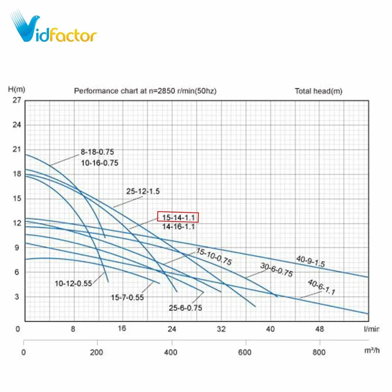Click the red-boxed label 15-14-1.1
click(178, 217)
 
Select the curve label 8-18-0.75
click(97, 152)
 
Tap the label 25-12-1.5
click(143, 191)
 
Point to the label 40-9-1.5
click(310, 261)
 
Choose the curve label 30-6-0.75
click(276, 270)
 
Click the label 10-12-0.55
click(73, 283)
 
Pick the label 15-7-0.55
click(127, 297)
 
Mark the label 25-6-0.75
click(185, 308)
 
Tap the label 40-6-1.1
click(321, 287)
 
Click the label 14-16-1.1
click(178, 227)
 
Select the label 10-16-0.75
click(100, 163)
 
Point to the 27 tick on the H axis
click(17, 100)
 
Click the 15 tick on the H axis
click(17, 199)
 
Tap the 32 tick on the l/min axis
click(221, 329)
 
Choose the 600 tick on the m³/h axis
click(245, 352)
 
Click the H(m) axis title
click(16, 89)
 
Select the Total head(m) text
click(318, 91)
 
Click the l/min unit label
click(371, 329)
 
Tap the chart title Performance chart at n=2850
click(145, 91)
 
